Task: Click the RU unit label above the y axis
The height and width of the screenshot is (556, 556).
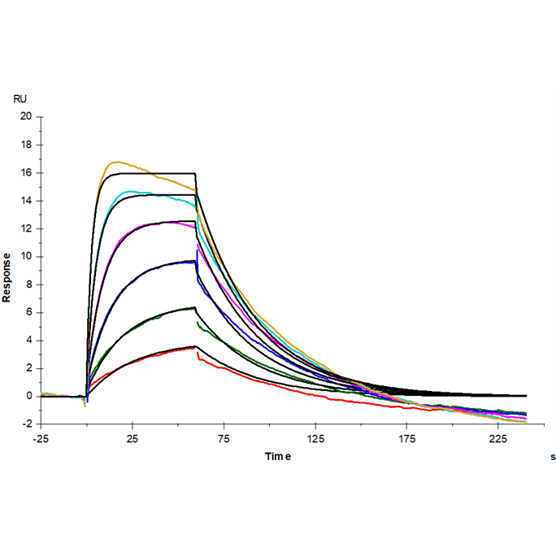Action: coord(20,98)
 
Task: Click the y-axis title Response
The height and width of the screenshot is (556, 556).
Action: coord(7,276)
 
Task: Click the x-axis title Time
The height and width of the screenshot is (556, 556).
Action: coord(277,457)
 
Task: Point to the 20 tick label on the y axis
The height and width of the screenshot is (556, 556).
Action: coord(26,116)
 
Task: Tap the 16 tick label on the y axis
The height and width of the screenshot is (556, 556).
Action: coord(26,173)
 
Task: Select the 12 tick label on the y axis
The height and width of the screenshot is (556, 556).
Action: coord(26,228)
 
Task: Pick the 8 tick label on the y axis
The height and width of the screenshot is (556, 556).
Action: coord(28,285)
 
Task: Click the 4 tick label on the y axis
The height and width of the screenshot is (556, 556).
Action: coord(28,341)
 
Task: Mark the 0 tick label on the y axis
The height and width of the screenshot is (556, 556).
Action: coord(28,396)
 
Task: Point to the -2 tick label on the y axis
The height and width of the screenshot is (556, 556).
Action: coord(26,424)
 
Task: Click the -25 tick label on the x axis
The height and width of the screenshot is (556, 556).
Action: coord(41,440)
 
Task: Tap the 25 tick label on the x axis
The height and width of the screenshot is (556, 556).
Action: coord(132,440)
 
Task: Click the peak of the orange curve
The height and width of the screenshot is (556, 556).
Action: coord(117,162)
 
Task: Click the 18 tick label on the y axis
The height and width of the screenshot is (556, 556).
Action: coord(26,145)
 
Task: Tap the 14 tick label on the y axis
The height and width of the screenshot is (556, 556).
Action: coord(26,201)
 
